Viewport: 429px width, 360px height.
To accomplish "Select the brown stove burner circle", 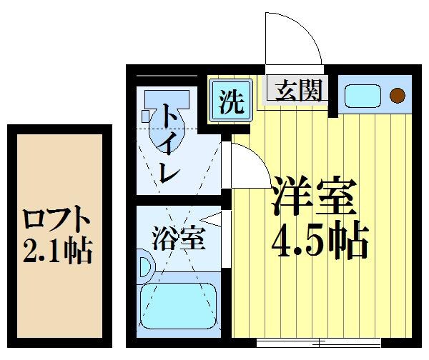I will click(397, 95).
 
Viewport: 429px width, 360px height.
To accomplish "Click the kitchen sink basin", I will click(364, 95).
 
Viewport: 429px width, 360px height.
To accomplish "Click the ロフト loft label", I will click(56, 216).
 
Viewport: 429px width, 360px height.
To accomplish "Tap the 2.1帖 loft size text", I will click(56, 250).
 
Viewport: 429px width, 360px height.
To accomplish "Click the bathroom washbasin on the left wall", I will click(145, 266).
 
